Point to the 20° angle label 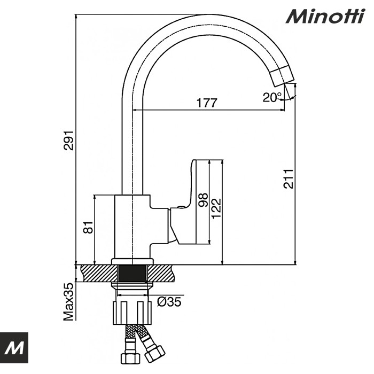click(x=272, y=97)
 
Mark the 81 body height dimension click(x=89, y=227)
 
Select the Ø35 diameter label click(x=169, y=302)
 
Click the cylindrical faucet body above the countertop click(x=132, y=227)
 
